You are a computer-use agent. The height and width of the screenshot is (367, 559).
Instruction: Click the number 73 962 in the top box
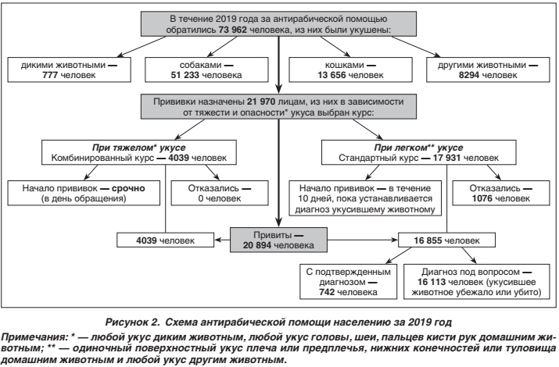click(x=232, y=30)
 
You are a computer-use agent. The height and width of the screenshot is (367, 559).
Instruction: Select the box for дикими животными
click(x=69, y=69)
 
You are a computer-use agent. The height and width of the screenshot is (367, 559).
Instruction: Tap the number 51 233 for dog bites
click(x=185, y=75)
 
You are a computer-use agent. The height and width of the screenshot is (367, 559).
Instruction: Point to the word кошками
click(x=344, y=65)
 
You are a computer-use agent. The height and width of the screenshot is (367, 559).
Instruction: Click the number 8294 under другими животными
click(x=469, y=75)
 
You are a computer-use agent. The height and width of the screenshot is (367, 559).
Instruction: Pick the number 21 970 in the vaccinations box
click(x=261, y=102)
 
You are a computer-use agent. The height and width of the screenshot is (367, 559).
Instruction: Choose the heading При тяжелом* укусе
click(x=138, y=148)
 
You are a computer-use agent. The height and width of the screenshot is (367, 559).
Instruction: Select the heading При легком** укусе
click(x=418, y=148)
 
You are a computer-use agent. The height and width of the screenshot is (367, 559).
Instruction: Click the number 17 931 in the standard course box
click(x=447, y=158)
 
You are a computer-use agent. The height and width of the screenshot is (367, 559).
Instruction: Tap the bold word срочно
click(x=128, y=188)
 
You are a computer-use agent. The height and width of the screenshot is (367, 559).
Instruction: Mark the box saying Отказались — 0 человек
click(x=220, y=194)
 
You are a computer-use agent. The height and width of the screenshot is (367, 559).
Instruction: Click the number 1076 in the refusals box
click(x=482, y=198)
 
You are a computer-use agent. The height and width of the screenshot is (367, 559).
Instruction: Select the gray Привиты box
click(x=278, y=240)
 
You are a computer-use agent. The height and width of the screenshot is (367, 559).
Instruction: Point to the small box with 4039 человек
click(x=166, y=241)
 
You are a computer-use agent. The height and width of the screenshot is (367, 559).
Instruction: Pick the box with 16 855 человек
click(x=446, y=241)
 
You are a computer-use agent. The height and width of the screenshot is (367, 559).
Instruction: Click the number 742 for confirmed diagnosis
click(x=327, y=292)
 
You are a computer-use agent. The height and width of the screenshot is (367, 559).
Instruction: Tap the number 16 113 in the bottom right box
click(x=432, y=282)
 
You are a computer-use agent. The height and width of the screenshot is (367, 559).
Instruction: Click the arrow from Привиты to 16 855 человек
click(x=363, y=240)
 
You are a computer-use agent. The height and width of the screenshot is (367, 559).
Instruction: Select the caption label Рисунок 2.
click(x=131, y=322)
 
